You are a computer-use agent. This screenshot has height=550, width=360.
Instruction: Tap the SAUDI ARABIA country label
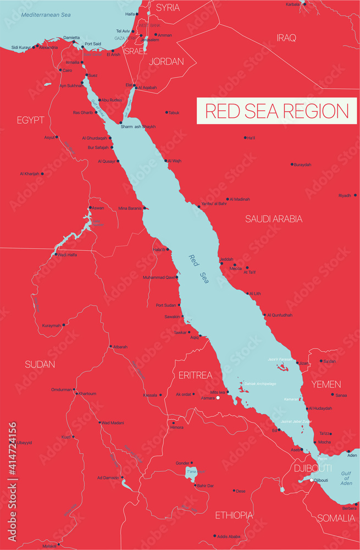[274, 219]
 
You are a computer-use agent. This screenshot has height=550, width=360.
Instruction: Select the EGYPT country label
[30, 119]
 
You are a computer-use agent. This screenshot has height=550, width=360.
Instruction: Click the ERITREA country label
[195, 375]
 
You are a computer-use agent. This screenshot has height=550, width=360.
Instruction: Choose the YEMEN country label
[326, 384]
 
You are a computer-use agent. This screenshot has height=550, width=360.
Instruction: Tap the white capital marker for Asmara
[218, 398]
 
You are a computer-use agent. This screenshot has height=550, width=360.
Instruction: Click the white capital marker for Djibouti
[312, 480]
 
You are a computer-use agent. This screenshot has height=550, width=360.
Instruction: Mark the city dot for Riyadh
[356, 195]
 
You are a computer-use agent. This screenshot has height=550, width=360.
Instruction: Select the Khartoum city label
[88, 394]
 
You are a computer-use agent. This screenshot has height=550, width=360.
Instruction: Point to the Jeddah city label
[226, 259]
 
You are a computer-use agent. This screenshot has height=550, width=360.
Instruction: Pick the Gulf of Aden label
[346, 479]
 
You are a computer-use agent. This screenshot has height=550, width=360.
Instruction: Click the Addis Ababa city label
[229, 536]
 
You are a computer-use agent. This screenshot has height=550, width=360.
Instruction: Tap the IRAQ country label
[286, 38]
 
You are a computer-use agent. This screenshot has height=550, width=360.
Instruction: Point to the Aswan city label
[97, 208]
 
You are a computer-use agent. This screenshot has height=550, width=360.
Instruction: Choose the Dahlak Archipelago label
[261, 383]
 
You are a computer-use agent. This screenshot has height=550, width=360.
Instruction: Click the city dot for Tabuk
[167, 112]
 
